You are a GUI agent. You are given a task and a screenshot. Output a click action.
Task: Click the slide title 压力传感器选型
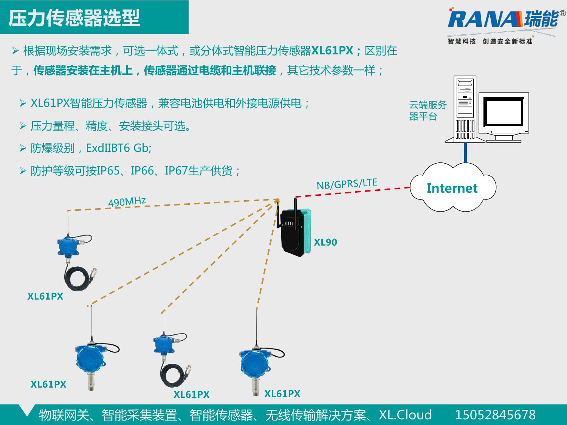point(74,18)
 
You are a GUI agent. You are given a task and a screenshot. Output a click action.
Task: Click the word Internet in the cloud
point(452,188)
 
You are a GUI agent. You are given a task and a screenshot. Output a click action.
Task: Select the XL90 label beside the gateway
point(325,243)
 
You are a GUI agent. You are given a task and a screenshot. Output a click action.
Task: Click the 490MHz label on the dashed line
point(127,202)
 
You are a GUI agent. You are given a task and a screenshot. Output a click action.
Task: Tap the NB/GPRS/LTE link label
point(347,184)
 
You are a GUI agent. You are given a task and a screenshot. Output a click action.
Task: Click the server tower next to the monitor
point(465,110)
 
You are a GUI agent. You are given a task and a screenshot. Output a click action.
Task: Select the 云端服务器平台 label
point(428,110)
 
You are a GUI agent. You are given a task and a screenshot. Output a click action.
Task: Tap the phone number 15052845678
point(495,415)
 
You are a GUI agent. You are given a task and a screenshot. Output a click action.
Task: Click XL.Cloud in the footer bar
point(405,415)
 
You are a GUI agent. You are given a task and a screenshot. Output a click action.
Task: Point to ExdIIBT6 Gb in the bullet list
point(119,148)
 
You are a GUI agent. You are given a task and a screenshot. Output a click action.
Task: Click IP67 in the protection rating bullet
point(176,171)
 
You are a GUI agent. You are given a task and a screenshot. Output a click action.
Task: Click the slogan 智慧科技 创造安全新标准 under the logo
point(490,41)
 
